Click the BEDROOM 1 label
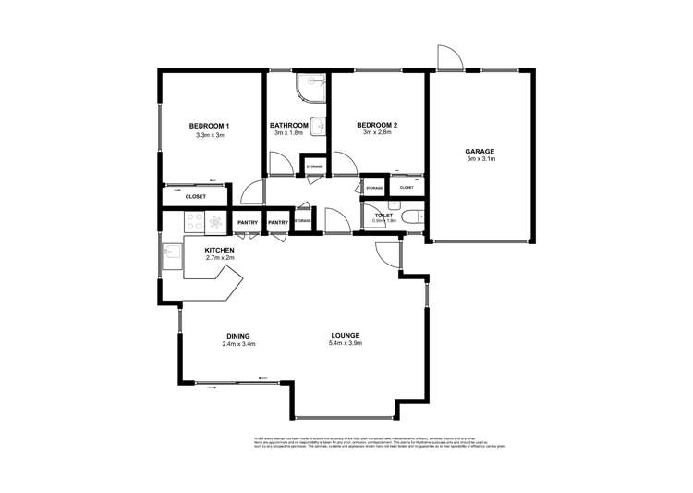209,126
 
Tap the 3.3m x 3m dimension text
210,136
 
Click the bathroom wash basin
318,127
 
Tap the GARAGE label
480,151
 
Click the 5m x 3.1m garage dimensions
481,160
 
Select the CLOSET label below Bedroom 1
195,197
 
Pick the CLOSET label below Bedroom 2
407,188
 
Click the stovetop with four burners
195,222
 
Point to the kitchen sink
171,252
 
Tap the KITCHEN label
219,250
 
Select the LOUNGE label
346,335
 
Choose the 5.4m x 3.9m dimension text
346,344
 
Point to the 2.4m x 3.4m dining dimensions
238,344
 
